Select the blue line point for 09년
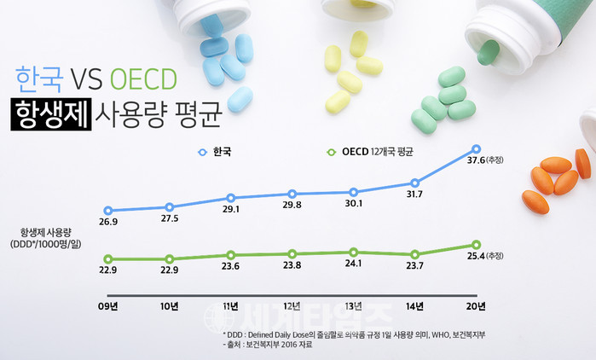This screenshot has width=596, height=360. click(107, 210)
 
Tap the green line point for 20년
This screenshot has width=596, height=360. click(476, 246)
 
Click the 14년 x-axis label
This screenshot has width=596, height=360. click(414, 305)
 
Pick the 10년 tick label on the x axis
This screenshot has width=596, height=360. click(169, 305)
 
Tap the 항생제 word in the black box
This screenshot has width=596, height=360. click(51, 113)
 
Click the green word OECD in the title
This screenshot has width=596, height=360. click(142, 79)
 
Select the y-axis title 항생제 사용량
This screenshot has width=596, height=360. click(51, 232)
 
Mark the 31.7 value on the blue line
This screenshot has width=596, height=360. click(414, 195)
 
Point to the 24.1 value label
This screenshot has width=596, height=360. click(353, 264)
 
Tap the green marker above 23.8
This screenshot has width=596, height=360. click(292, 253)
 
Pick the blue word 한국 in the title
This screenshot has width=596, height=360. click(38, 79)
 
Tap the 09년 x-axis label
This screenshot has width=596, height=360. click(107, 305)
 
